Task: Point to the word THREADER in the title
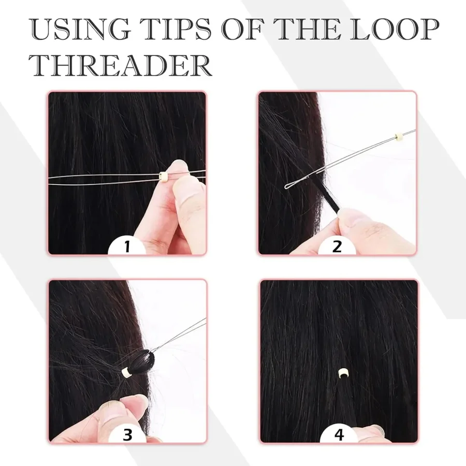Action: tap(121, 65)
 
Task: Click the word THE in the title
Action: tap(309, 29)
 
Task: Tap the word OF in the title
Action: tap(244, 29)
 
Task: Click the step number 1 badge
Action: tap(127, 246)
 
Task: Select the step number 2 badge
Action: tap(337, 246)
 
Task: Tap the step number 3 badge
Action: tap(127, 435)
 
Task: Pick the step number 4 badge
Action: tap(339, 435)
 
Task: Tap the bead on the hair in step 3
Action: tap(126, 371)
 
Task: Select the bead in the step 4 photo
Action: tap(342, 373)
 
